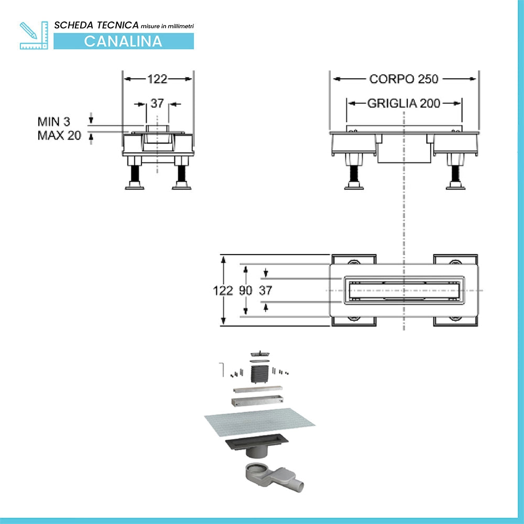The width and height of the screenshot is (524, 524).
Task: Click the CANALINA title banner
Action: point(124,41)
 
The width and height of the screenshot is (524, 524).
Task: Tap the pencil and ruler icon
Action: point(34,36)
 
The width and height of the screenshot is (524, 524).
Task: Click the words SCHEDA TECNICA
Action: point(96,25)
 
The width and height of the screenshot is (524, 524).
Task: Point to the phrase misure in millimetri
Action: point(167,26)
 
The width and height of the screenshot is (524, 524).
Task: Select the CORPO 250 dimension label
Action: point(403,79)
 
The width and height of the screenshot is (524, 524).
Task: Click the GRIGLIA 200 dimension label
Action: point(403,103)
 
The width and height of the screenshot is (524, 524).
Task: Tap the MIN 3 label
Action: point(54,122)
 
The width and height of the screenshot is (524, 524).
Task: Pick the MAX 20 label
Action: point(59,135)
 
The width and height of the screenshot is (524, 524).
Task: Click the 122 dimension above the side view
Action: point(157,79)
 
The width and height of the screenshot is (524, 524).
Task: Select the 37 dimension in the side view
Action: point(157,103)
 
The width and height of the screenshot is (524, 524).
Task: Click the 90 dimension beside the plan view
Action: point(246,290)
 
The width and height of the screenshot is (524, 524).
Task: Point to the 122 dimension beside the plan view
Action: point(223,290)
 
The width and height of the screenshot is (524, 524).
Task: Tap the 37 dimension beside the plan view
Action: point(265,290)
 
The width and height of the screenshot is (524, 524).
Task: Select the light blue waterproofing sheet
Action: point(260,422)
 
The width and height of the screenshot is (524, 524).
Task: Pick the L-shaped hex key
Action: point(222,369)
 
